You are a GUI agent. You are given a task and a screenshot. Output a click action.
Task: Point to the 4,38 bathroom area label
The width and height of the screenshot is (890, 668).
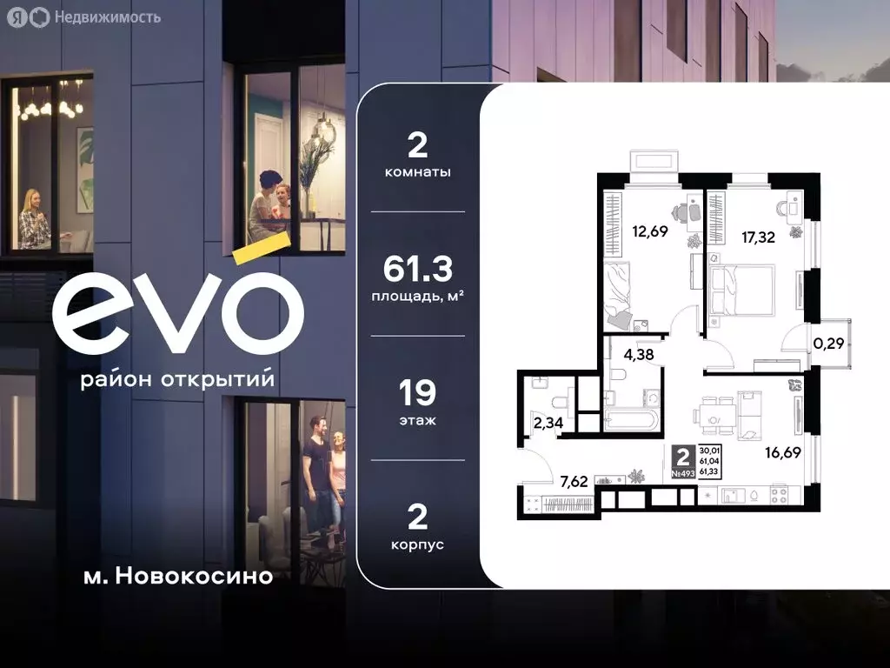(637, 354)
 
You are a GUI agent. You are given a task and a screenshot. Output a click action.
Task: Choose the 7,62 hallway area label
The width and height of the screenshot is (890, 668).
(575, 480)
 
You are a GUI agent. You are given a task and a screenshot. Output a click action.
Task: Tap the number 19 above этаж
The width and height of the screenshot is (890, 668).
(418, 393)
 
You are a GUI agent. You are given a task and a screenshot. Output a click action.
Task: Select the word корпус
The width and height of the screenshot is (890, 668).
(418, 544)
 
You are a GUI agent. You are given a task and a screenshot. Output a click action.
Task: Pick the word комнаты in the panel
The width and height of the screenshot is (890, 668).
(418, 172)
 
